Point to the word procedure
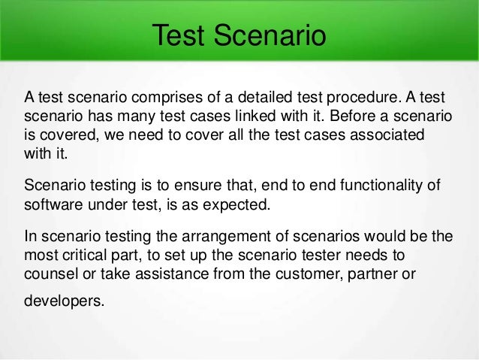pyautogui.click(x=340, y=99)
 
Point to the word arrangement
pyautogui.click(x=215, y=236)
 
